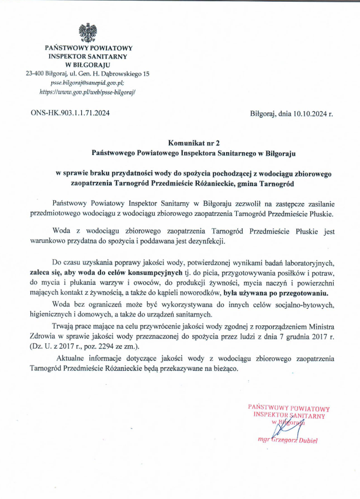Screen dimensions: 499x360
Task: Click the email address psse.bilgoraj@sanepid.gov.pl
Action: [88, 83]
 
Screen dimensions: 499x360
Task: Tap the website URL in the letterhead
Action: [88, 92]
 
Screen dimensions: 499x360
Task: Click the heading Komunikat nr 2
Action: [193, 142]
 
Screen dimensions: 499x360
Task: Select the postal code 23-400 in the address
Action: [37, 74]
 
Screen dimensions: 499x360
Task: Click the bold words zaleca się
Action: [46, 273]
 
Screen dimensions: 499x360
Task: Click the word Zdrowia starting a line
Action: [44, 337]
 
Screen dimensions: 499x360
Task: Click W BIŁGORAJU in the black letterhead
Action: [88, 65]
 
